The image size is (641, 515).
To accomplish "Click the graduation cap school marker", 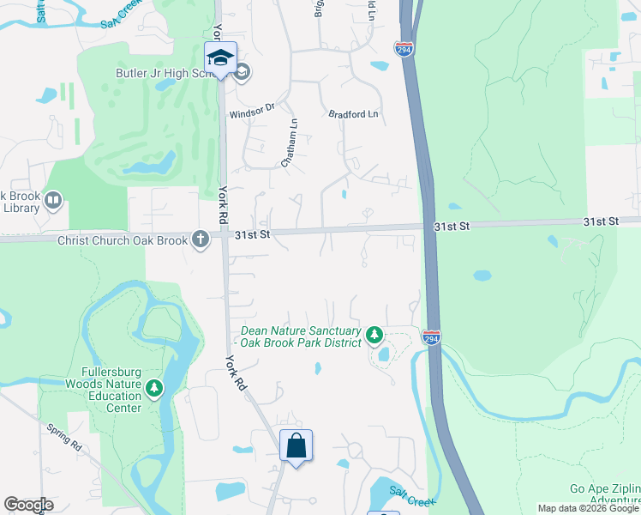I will pyautogui.click(x=220, y=58).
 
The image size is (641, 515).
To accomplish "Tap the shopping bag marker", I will pyautogui.click(x=296, y=445).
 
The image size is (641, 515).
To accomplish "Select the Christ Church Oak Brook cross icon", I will pyautogui.click(x=201, y=239).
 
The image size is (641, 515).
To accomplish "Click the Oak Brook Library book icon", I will pyautogui.click(x=53, y=201).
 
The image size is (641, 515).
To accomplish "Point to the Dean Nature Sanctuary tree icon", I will pyautogui.click(x=374, y=334).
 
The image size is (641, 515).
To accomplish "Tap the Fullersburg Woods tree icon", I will pyautogui.click(x=154, y=389).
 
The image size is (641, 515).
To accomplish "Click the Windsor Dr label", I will pyautogui.click(x=251, y=110).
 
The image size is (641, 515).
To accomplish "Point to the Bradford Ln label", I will pyautogui.click(x=353, y=113).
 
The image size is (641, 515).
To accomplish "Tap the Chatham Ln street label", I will pyautogui.click(x=290, y=142).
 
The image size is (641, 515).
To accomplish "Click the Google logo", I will pyautogui.click(x=28, y=505).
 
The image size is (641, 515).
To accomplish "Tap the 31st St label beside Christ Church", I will pyautogui.click(x=253, y=233).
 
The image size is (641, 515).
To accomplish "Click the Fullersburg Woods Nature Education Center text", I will pyautogui.click(x=105, y=396).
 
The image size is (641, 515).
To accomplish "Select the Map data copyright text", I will pyautogui.click(x=588, y=508).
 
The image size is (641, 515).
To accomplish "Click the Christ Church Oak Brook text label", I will pyautogui.click(x=122, y=240).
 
